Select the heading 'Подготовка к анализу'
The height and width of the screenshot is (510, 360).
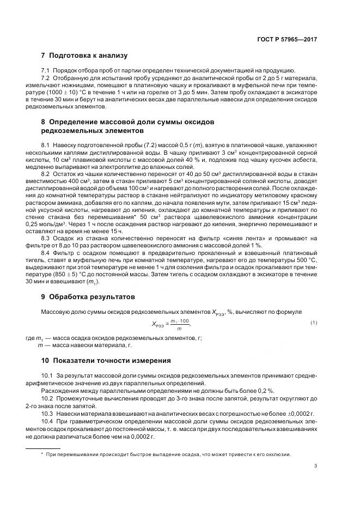[x=88, y=56]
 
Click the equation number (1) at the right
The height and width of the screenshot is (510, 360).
[x=314, y=323]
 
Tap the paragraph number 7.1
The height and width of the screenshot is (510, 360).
[x=46, y=71]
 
